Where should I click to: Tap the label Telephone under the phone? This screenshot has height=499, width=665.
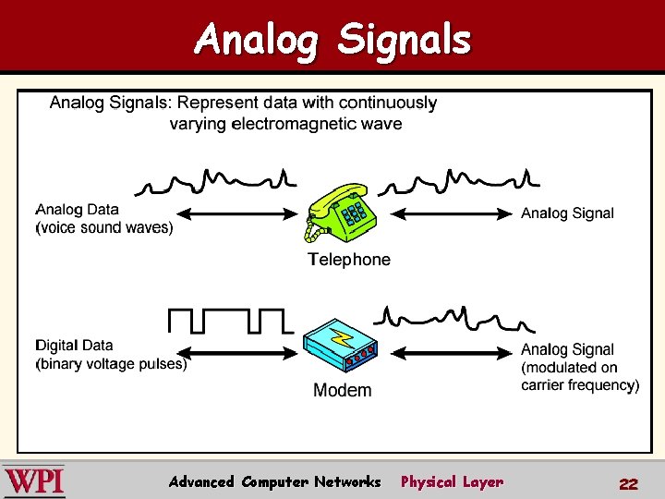point(349,260)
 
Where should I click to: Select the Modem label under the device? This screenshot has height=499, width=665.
point(342,390)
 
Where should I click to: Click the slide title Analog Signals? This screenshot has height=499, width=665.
point(332,40)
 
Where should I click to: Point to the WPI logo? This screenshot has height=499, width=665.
point(35,481)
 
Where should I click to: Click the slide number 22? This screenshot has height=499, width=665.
point(629,483)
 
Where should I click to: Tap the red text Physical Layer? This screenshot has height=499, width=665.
point(452,481)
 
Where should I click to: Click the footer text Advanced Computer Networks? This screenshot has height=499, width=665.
point(274,481)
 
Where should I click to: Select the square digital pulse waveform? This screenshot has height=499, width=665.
point(229,321)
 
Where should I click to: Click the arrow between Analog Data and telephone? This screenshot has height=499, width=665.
point(236,214)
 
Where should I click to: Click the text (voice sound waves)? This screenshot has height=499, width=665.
point(103,227)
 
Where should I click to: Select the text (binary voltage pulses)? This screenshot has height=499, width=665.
point(111,364)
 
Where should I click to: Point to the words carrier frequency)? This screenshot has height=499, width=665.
point(579,385)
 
